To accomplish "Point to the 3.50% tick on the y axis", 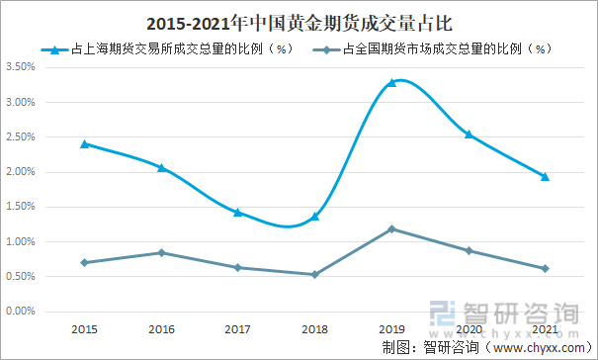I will coord(21,67).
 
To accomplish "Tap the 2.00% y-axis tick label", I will coord(21,172).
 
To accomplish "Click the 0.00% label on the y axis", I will coord(21,312).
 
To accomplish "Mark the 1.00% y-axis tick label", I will coord(21,241).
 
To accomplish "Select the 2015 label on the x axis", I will coord(85,328).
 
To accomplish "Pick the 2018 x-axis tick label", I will coord(315,328).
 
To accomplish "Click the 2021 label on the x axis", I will coord(545,328).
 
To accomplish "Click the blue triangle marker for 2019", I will coord(391,82).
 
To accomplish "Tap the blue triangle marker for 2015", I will coord(85,143).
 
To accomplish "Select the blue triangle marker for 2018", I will coord(315,216).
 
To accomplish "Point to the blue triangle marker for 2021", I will coord(545,176).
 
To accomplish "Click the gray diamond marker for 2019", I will coord(391,229).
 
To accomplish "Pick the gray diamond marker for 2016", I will coord(162,252).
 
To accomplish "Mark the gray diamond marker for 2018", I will coord(315,274).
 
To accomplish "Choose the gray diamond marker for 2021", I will coord(545,268).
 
